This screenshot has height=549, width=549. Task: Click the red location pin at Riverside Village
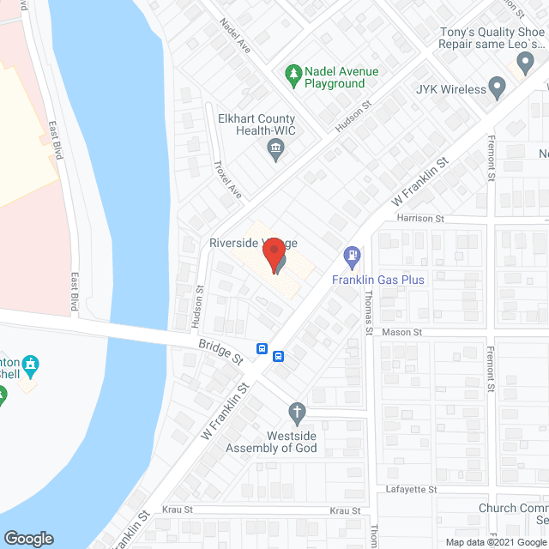(274, 255)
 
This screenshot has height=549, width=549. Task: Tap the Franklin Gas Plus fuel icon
(352, 256)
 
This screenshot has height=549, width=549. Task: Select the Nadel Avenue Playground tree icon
(293, 73)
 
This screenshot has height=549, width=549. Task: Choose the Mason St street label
(403, 332)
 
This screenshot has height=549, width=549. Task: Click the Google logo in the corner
(28, 538)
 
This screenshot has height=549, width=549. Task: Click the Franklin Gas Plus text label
(379, 280)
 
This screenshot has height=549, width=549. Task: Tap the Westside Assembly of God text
(271, 442)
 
